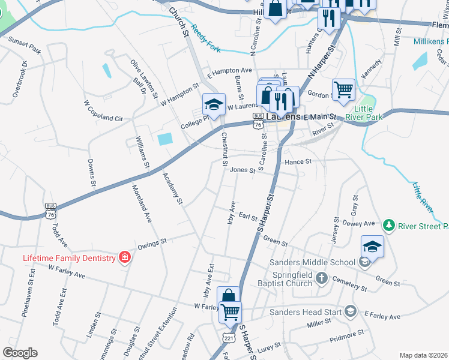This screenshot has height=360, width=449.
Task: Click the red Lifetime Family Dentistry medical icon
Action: (x=124, y=258)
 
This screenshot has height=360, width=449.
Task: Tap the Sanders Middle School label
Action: (x=312, y=262)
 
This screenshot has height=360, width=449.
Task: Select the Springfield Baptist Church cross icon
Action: (x=322, y=278)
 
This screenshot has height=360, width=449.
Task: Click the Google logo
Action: (x=20, y=353)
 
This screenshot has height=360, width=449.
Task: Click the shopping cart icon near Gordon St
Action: (x=343, y=89)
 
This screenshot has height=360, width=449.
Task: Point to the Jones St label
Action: (x=243, y=170)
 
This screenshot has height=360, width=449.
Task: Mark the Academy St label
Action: (x=172, y=188)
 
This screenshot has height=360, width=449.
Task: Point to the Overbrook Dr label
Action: (x=19, y=79)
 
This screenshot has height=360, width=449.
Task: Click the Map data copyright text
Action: (x=423, y=355)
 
